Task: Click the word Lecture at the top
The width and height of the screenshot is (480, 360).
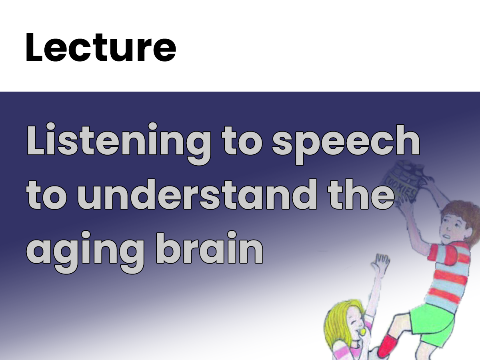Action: coord(101,47)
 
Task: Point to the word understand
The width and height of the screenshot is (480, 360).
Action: coord(197,194)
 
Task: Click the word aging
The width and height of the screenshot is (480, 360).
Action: coord(85,252)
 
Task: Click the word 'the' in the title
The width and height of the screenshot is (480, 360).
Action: coord(361,194)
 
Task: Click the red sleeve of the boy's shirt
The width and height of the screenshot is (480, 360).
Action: coord(441,255)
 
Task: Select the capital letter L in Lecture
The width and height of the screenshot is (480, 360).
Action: coord(34,47)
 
